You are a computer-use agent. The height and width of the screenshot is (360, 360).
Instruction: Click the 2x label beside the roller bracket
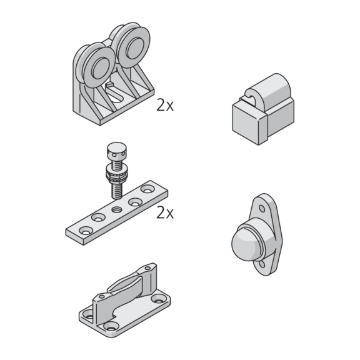(165, 105)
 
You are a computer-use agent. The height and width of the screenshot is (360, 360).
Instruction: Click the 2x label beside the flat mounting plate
(165, 212)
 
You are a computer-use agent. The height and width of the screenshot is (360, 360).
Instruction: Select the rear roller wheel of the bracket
(134, 47)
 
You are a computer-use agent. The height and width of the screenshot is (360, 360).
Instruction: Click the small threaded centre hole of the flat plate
(117, 209)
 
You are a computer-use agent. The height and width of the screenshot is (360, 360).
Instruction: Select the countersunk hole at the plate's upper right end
(147, 189)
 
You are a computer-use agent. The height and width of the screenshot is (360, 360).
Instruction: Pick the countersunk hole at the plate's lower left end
(86, 231)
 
